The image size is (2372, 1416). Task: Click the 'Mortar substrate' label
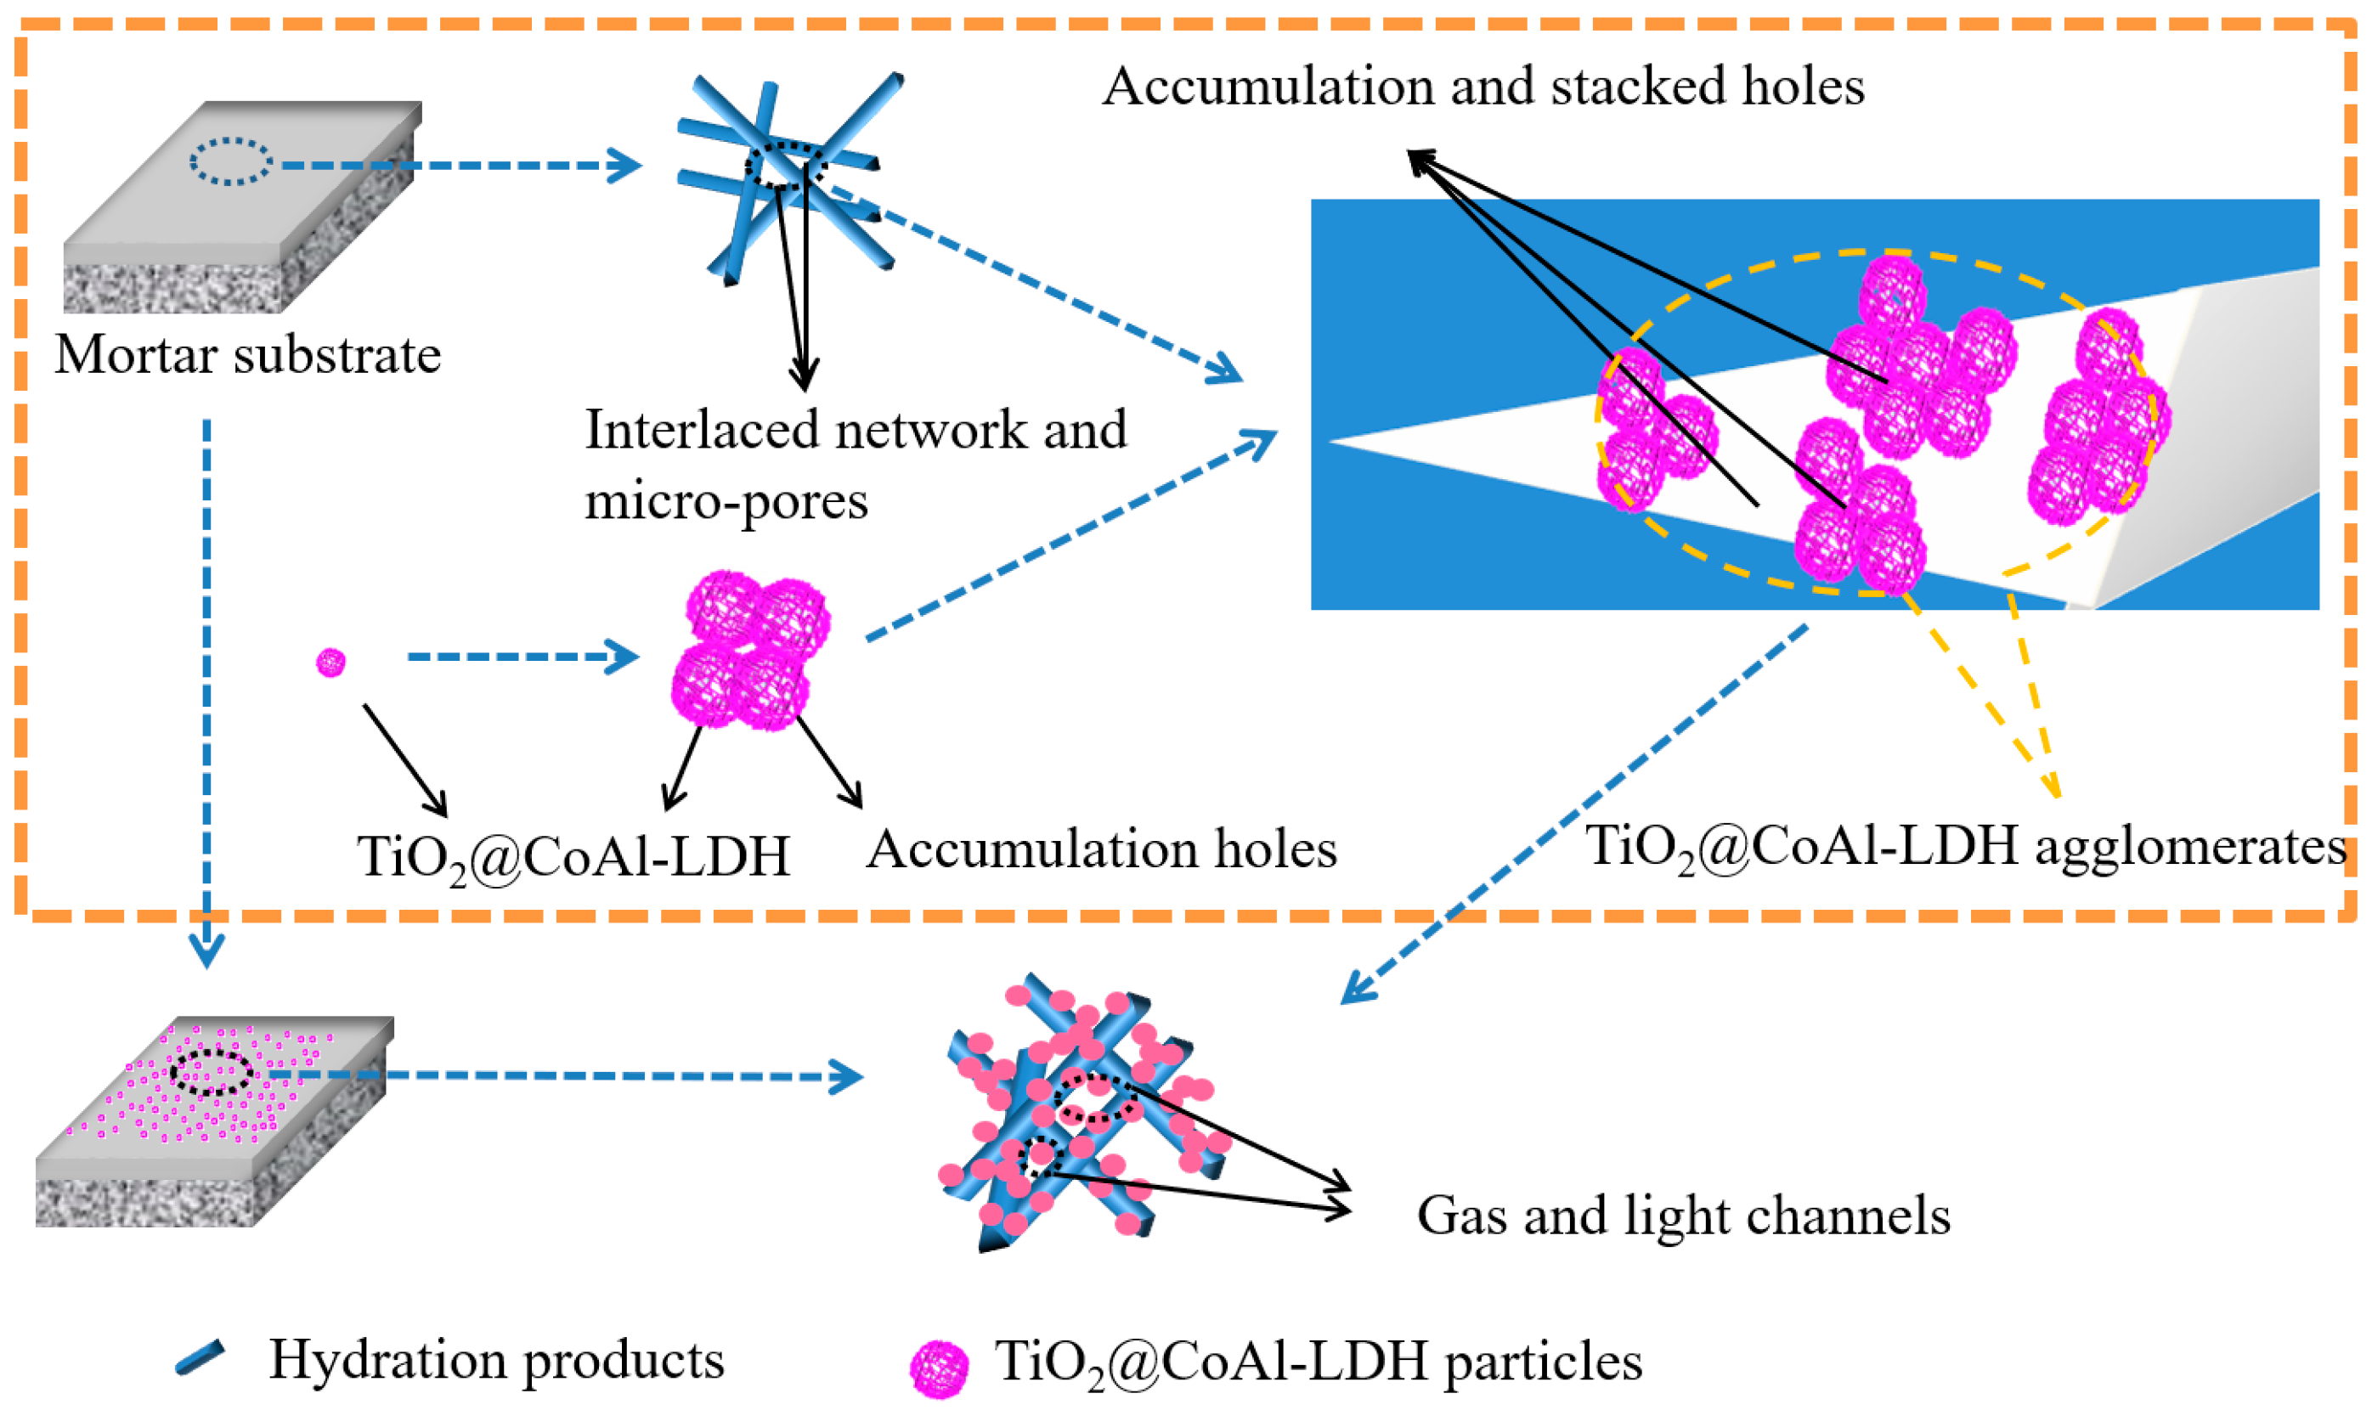coord(247,355)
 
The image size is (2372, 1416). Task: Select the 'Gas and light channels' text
coord(1682,1216)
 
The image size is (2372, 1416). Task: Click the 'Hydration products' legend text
coord(496,1359)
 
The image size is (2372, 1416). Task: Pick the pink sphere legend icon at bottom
coord(938,1368)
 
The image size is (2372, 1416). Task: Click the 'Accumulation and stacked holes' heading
coord(1482,86)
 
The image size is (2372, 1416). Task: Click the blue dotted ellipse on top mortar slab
coord(231,161)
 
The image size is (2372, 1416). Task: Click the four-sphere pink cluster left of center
coord(750,651)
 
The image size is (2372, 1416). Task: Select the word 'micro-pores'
coord(726,500)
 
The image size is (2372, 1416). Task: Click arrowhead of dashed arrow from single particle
coord(626,657)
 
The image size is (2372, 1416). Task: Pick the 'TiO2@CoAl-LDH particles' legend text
coord(1318,1361)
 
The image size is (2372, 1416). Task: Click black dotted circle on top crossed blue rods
coord(784,166)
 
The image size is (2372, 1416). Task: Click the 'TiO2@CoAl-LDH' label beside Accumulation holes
coord(573,856)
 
